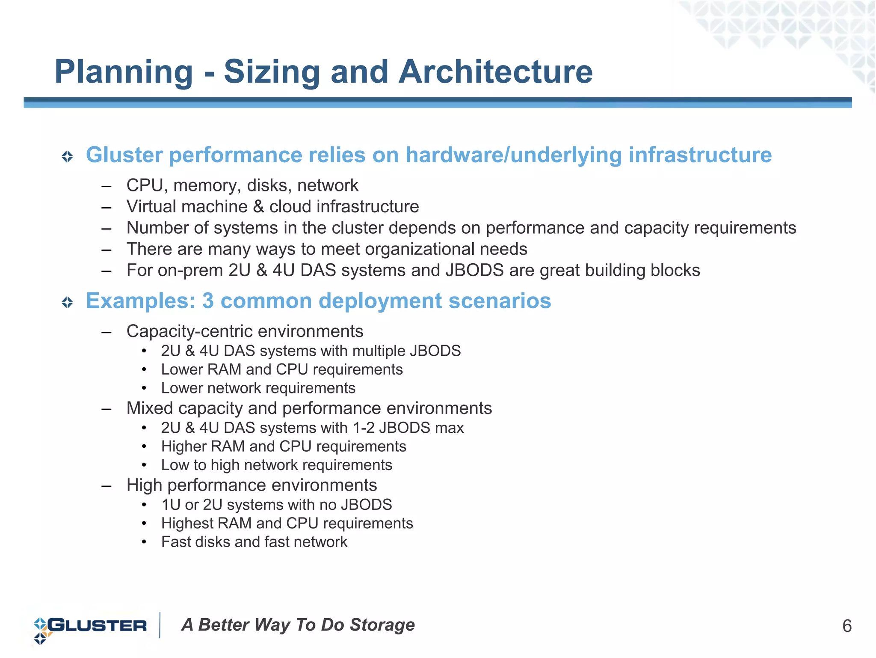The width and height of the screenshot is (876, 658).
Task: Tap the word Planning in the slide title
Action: [x=124, y=72]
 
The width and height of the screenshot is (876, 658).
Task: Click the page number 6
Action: [x=846, y=626]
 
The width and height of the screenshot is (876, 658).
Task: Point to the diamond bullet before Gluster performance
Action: [x=67, y=156]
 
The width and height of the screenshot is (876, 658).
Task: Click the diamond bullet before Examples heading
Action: [x=67, y=303]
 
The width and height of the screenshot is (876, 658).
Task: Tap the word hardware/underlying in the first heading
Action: [x=513, y=155]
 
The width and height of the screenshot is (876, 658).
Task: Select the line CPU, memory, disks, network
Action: [x=242, y=185]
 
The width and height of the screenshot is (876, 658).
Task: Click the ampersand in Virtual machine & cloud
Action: [x=258, y=207]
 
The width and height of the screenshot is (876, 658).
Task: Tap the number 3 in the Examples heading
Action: [x=208, y=301]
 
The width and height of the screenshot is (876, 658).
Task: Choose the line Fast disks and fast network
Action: [x=254, y=542]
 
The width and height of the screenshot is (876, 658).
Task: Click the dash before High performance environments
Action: [x=107, y=486]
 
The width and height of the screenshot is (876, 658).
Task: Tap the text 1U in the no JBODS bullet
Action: [x=171, y=505]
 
